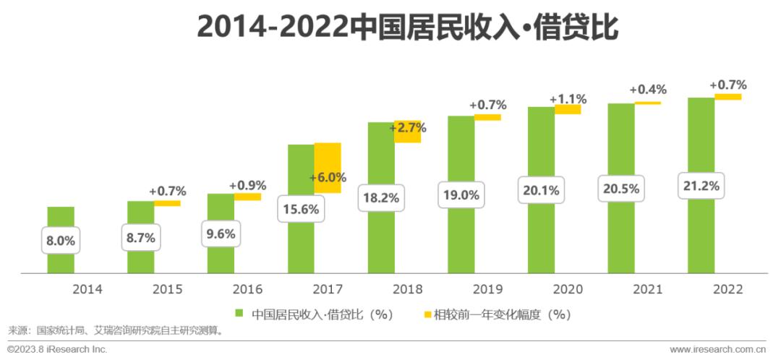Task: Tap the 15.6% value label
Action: [x=302, y=209]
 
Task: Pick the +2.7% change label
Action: [x=408, y=129]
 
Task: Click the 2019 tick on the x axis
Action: [x=487, y=289]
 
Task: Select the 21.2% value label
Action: [x=701, y=186]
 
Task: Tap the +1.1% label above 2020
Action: [x=568, y=99]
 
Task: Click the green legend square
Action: [x=238, y=314]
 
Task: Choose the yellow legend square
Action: [x=427, y=314]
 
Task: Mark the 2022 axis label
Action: [x=727, y=289]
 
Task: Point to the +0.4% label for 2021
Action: [x=648, y=90]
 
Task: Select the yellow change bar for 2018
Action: [x=408, y=132]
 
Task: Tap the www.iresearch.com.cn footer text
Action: [x=723, y=350]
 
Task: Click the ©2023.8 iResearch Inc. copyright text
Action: [x=57, y=350]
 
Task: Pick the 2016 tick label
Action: [x=247, y=289]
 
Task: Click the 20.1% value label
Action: [x=541, y=189]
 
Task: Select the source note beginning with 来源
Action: [x=116, y=332]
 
